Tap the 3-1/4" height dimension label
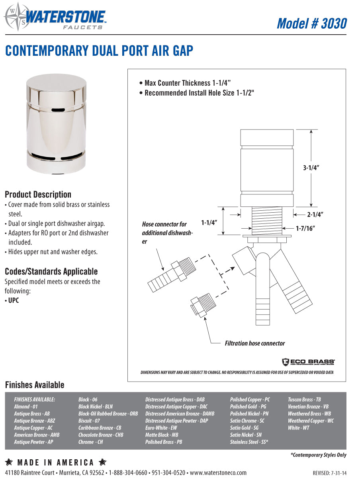(311, 168)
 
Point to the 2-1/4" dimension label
(315, 215)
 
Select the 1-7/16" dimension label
(305, 229)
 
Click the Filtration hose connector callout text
(255, 343)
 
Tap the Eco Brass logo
(308, 362)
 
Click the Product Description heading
(38, 194)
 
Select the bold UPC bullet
(14, 300)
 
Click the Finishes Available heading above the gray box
(34, 385)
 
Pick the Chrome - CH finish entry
(90, 442)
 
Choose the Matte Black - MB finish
(162, 435)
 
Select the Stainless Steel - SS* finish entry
(249, 442)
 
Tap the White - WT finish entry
(298, 428)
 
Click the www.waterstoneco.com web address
(218, 473)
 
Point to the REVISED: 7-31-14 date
(329, 473)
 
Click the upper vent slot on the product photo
(57, 109)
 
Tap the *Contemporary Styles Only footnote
(318, 455)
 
